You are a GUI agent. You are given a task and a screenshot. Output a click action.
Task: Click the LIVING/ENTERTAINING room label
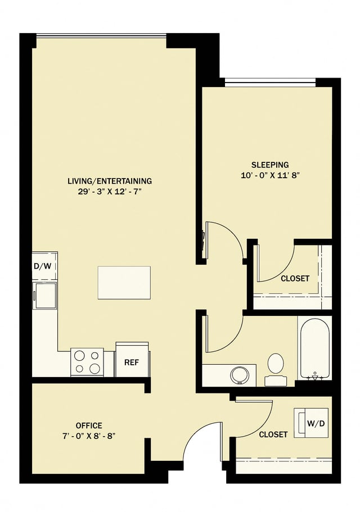tap(110, 181)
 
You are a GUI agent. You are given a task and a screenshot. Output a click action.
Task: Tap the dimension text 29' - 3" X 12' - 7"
tap(110, 192)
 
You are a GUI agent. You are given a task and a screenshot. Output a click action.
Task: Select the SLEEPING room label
tap(270, 165)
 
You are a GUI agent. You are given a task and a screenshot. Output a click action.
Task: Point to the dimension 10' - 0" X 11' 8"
tap(270, 175)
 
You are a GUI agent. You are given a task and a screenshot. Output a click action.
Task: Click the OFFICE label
tap(89, 425)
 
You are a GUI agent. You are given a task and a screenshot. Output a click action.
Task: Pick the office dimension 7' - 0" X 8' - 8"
tap(89, 436)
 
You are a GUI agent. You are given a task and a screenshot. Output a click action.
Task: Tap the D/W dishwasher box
tap(44, 266)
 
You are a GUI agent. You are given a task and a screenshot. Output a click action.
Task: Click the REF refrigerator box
tap(132, 362)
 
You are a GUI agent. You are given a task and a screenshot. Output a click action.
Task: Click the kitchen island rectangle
tap(124, 283)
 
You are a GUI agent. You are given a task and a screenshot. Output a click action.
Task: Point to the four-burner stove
tap(87, 362)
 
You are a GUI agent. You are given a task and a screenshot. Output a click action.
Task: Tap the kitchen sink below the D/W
tap(45, 295)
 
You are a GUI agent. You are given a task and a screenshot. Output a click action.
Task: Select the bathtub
tap(314, 348)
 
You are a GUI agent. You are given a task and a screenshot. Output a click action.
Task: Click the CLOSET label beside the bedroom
tap(295, 278)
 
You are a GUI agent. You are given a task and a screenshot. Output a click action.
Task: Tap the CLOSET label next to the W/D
tap(273, 434)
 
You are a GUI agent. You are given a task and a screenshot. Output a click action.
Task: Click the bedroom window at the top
tap(270, 84)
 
